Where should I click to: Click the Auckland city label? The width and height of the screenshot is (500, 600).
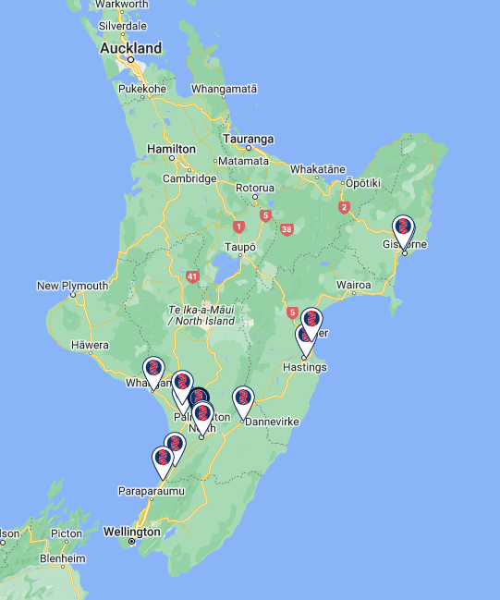(130, 47)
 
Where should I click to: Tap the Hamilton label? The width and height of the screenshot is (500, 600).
(172, 148)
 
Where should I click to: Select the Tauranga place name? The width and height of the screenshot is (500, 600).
(248, 140)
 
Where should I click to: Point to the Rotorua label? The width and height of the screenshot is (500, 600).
(255, 188)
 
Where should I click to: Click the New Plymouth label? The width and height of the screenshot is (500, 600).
(72, 286)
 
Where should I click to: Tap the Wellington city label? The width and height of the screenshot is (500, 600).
(131, 533)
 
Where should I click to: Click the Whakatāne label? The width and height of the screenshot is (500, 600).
(318, 169)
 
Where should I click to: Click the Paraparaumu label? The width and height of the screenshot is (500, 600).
(151, 491)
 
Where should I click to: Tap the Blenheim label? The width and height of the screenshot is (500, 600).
(63, 559)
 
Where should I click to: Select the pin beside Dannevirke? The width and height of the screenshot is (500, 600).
(243, 399)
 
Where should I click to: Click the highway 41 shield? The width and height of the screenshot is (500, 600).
(192, 276)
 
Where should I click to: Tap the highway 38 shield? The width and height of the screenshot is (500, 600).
(287, 228)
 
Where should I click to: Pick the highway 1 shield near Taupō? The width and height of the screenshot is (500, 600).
(238, 227)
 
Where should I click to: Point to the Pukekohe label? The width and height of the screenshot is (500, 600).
(141, 89)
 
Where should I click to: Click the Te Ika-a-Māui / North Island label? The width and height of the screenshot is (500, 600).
(201, 314)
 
